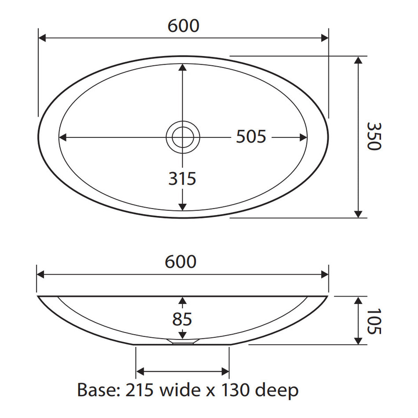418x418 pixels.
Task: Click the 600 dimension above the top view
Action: pos(184,26)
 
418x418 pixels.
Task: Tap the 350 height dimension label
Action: pos(374,136)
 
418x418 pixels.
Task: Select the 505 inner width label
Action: pos(251,137)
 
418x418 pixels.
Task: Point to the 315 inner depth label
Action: pos(182,179)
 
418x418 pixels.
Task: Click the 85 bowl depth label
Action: pos(182,319)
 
